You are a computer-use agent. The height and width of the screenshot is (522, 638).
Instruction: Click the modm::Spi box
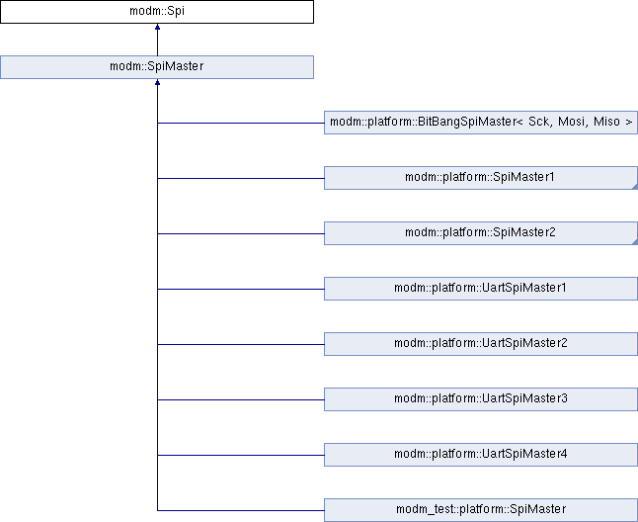point(157,12)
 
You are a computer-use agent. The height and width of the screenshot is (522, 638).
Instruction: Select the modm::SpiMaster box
point(157,67)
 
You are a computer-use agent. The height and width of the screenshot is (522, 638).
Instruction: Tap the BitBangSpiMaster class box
point(481,123)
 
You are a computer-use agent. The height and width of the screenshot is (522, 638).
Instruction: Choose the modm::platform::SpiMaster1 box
point(481,178)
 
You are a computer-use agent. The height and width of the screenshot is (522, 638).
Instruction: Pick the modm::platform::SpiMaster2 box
point(481,233)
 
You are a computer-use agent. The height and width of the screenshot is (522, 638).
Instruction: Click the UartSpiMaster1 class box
point(481,289)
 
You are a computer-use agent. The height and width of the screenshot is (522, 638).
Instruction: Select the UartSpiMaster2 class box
point(481,344)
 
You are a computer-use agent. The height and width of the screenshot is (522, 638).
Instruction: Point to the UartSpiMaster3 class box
point(481,399)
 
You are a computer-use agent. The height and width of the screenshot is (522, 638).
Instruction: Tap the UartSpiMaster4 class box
point(481,455)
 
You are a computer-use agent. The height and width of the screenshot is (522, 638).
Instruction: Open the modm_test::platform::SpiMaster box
point(481,510)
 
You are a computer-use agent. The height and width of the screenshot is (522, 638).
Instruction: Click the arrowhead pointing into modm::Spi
point(157,27)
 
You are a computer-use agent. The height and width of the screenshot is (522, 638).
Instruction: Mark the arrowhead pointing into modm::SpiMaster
point(157,82)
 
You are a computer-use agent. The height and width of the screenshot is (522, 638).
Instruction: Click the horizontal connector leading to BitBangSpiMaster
point(241,123)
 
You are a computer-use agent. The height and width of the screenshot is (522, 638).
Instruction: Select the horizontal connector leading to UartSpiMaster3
point(241,399)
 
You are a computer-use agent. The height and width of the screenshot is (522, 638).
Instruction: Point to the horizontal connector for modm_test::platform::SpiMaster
point(241,510)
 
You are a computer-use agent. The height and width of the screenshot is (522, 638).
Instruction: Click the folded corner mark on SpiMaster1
point(635,187)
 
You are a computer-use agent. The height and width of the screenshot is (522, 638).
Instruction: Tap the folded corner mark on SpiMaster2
point(635,242)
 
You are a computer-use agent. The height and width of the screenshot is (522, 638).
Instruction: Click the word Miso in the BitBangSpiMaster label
point(606,122)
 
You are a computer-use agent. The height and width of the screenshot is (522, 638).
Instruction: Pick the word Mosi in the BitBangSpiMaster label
point(572,122)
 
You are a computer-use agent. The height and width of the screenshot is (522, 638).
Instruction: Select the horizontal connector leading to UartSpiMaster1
point(241,289)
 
